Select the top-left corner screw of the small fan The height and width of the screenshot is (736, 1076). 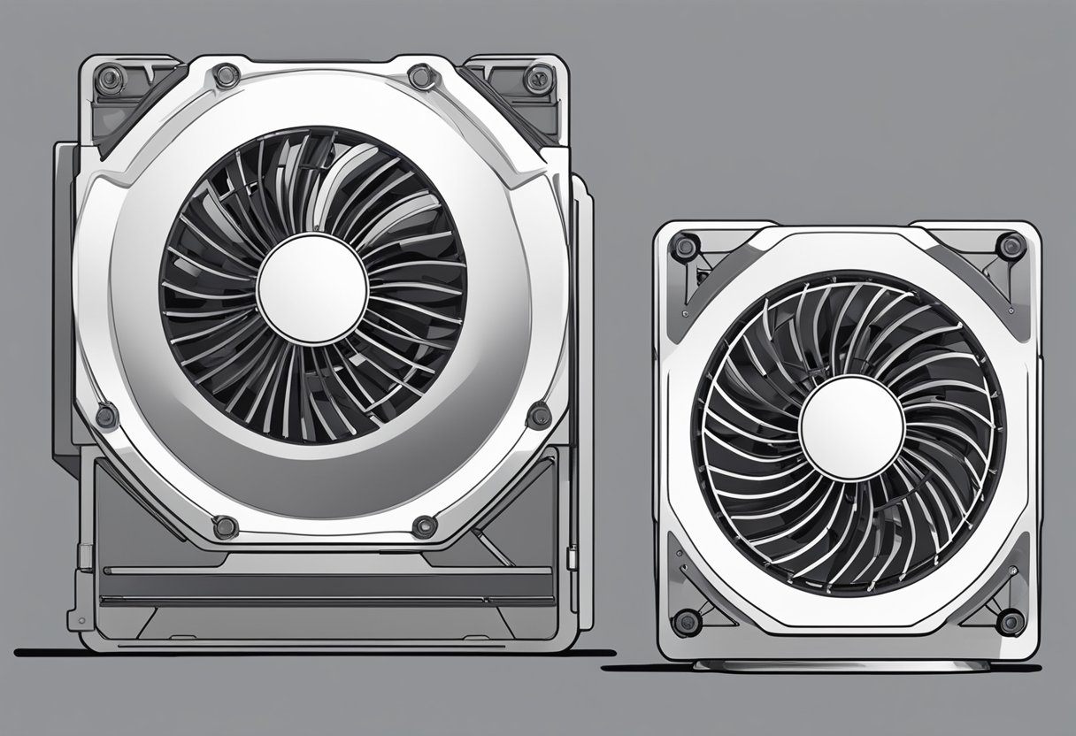(x=683, y=247)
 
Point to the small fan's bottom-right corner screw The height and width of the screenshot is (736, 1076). (x=1009, y=621)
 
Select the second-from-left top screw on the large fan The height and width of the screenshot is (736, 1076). (x=227, y=75)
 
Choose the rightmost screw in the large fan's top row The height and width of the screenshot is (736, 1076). (x=537, y=80)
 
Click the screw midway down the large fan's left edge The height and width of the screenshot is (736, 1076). (x=107, y=415)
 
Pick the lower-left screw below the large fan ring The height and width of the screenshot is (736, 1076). (x=226, y=527)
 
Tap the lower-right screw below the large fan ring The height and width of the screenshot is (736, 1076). (x=424, y=527)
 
